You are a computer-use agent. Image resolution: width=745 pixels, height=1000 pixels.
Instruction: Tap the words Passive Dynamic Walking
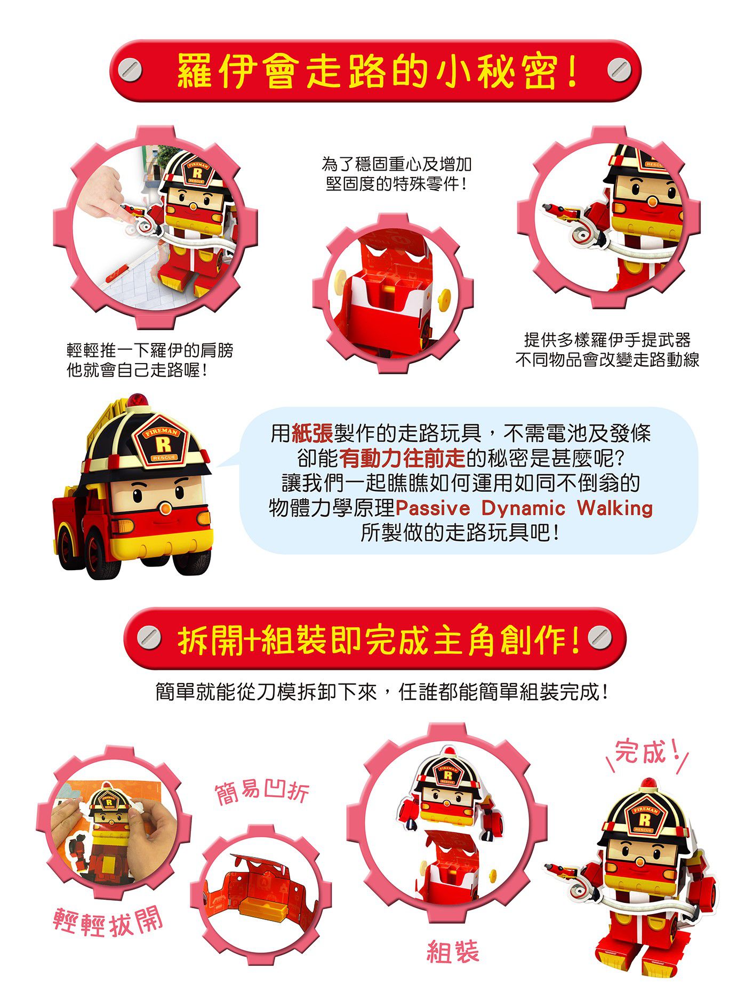524,508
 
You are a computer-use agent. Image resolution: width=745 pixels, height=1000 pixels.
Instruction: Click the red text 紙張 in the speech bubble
313,433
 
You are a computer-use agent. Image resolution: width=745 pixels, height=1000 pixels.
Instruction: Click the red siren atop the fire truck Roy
136,401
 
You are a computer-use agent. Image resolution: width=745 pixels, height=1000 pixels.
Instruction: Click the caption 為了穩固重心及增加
397,164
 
